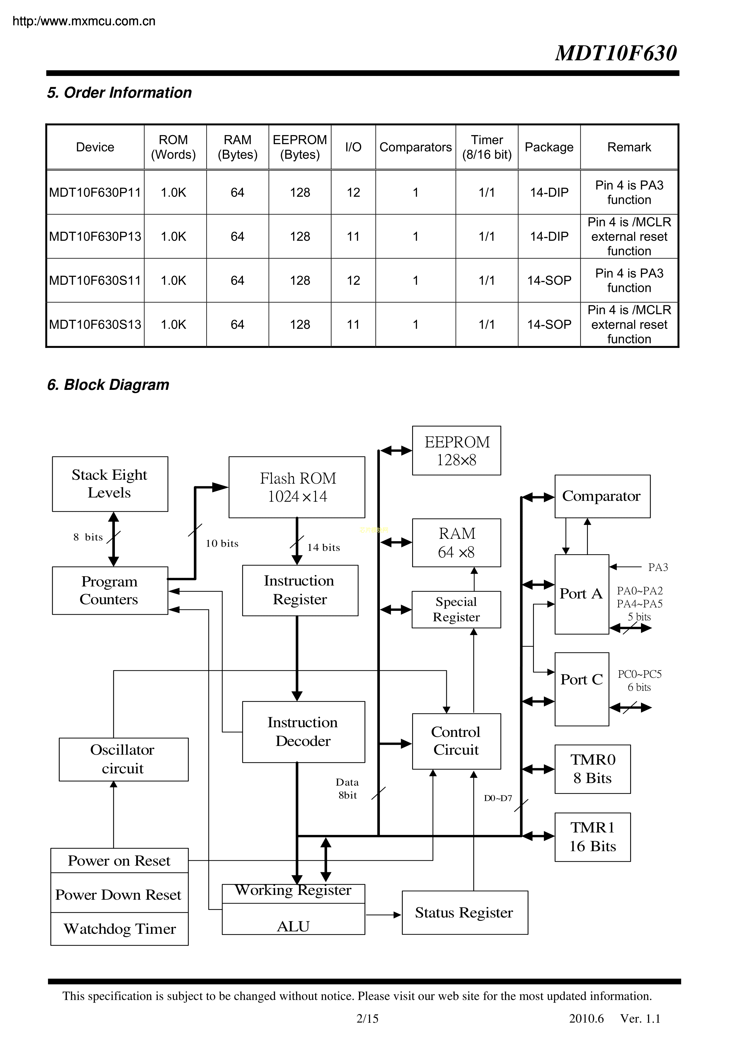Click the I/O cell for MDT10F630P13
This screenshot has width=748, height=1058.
click(353, 236)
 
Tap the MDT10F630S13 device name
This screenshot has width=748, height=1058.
click(95, 324)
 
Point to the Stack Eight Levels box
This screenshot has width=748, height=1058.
click(110, 484)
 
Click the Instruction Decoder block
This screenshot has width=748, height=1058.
click(303, 732)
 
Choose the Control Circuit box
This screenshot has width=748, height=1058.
click(456, 741)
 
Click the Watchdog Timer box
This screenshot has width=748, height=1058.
click(119, 929)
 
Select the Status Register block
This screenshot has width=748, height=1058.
click(465, 912)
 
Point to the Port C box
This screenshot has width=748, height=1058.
click(582, 689)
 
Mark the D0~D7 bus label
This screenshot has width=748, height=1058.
click(498, 798)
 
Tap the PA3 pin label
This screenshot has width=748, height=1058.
click(658, 567)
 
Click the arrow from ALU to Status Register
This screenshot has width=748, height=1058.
click(383, 915)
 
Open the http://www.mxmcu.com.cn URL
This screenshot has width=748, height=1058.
click(84, 21)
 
